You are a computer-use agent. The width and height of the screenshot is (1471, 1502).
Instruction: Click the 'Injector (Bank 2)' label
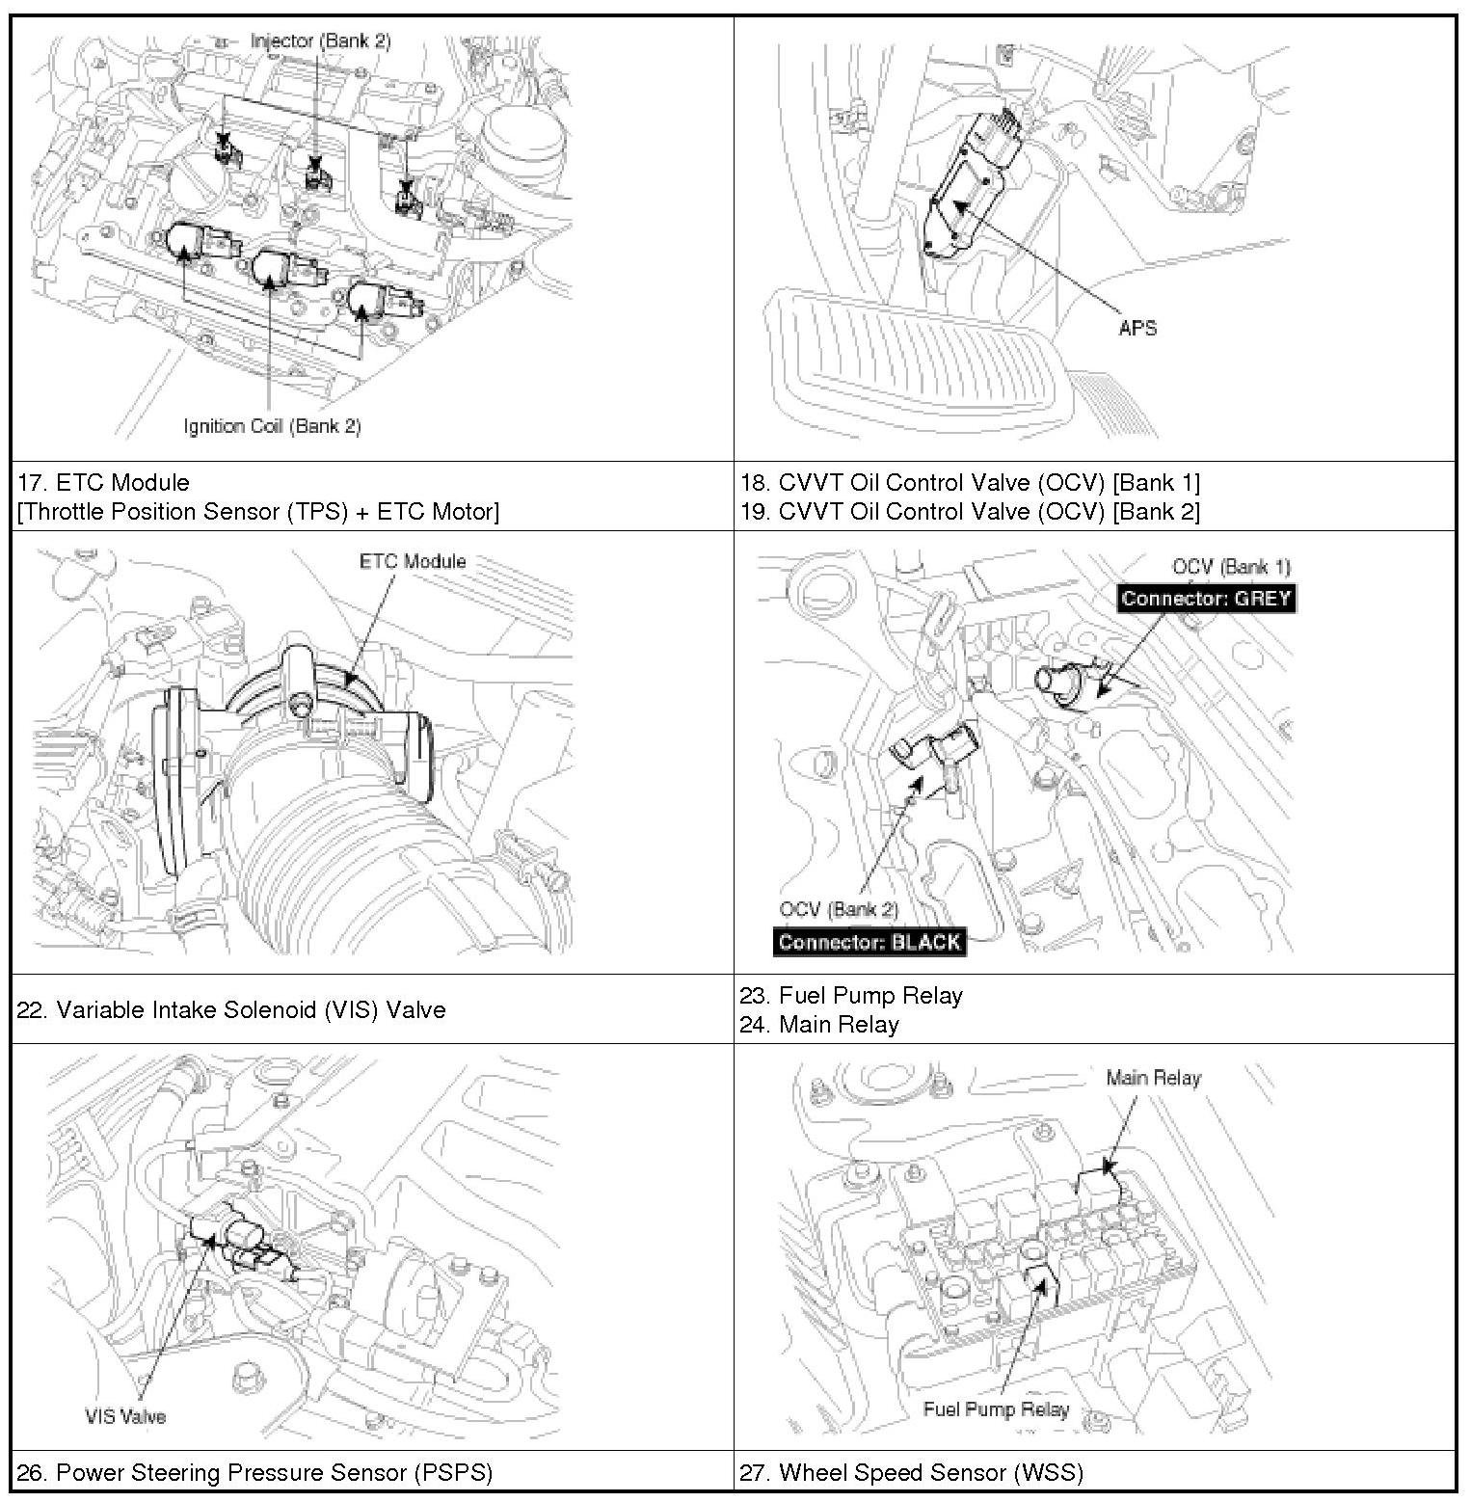tap(320, 40)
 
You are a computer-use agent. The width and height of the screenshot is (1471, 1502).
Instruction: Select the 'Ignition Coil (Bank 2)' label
tap(272, 425)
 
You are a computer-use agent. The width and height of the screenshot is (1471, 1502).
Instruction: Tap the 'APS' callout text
tap(1137, 328)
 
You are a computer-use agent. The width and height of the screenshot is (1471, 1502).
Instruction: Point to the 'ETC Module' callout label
tap(413, 561)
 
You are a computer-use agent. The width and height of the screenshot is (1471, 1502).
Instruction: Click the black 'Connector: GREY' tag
tap(1205, 598)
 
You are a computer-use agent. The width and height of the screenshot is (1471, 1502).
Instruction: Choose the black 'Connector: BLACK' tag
tap(869, 942)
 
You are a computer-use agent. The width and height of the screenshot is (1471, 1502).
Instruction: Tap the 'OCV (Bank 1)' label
tap(1231, 567)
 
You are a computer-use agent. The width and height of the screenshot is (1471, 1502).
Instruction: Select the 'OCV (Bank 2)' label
tap(839, 909)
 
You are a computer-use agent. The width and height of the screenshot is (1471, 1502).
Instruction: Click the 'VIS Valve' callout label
tap(125, 1416)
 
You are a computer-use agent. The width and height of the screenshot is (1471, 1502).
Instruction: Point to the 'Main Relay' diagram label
tap(1153, 1077)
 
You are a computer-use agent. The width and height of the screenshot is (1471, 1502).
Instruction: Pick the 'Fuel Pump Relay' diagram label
tap(996, 1408)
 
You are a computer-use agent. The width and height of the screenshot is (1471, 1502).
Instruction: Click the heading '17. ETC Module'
tap(103, 482)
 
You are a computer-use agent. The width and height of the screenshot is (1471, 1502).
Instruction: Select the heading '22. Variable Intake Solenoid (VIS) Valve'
tap(231, 1009)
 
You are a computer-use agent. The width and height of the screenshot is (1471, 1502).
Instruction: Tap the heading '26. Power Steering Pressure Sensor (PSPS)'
tap(254, 1472)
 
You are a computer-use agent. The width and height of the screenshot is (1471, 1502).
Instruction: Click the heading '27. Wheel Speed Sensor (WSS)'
tap(912, 1472)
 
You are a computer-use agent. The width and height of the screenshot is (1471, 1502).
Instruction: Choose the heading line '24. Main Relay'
tap(819, 1024)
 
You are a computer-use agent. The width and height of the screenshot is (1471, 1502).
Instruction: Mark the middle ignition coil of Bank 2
tap(274, 270)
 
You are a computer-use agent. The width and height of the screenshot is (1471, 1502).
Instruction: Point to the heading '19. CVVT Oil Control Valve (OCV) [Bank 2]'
tap(970, 511)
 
